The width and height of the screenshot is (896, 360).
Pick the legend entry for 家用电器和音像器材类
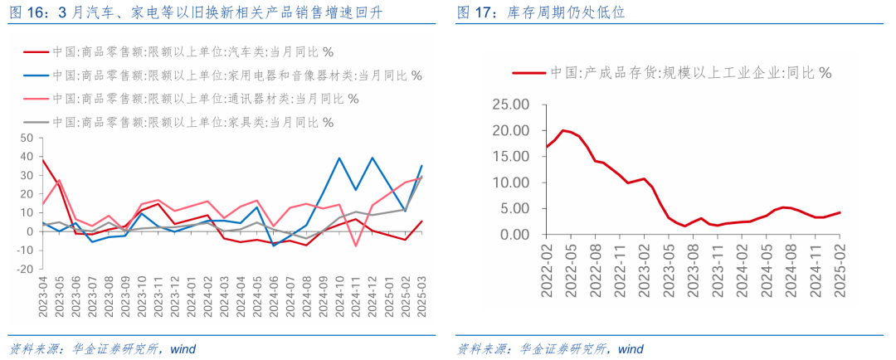(236, 75)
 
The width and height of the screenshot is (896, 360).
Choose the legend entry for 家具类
(192, 123)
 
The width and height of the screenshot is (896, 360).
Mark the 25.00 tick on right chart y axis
(509, 105)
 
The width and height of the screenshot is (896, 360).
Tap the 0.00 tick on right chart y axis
(513, 235)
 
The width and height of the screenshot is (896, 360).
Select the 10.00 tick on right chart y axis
(509, 183)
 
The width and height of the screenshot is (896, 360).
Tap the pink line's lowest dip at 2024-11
(356, 246)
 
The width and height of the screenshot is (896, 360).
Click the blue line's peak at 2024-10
(339, 158)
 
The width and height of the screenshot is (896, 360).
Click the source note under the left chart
(100, 348)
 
